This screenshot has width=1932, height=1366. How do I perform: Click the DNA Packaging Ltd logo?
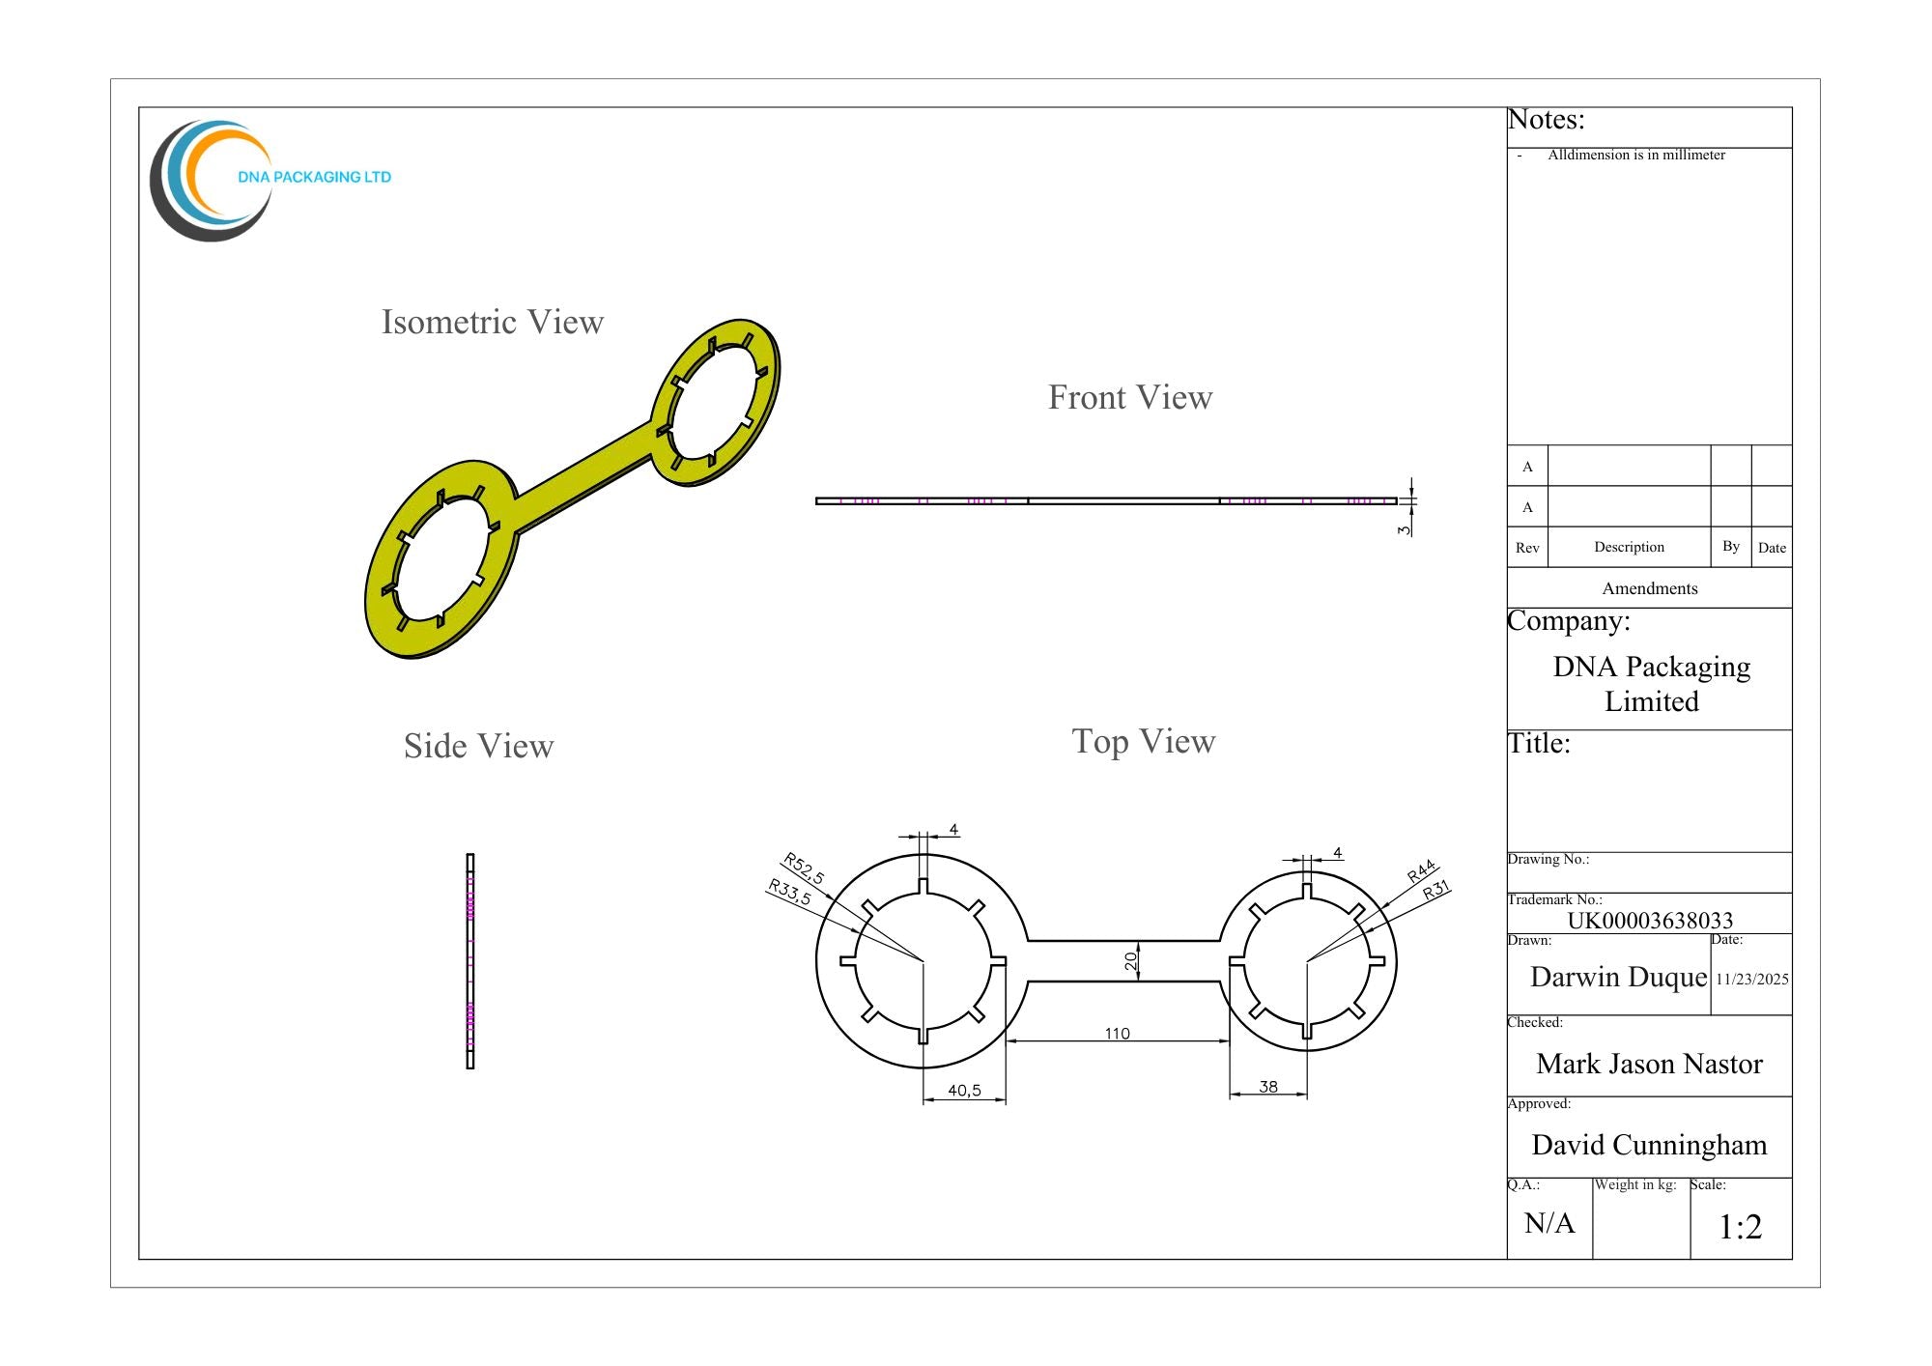[270, 180]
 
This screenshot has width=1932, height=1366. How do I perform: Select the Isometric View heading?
[493, 322]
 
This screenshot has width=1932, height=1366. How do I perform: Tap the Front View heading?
[1130, 397]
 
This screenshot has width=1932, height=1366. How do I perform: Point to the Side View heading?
[479, 746]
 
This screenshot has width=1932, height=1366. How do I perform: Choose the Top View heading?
[1144, 741]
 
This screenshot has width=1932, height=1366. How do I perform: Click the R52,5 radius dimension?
[804, 868]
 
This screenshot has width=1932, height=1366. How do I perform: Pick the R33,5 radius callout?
[789, 892]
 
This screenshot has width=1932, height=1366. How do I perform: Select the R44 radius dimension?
[1421, 871]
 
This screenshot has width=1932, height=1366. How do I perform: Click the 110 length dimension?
[1117, 1034]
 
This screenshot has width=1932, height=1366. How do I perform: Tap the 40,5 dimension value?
[964, 1091]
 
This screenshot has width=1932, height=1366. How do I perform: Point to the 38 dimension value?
[1268, 1087]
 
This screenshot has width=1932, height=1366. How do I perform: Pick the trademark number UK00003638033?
[1650, 921]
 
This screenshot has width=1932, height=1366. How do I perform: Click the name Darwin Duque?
[1619, 977]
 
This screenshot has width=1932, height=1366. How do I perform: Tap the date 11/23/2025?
[1752, 979]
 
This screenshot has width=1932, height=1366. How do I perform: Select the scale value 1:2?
[1741, 1227]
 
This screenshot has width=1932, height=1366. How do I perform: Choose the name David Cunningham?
[1649, 1145]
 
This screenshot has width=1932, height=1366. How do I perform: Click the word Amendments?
[1650, 588]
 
